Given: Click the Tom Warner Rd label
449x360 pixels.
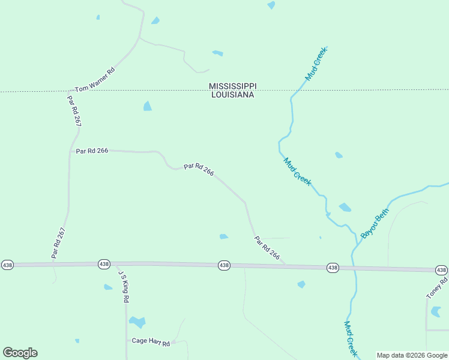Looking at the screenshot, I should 94,79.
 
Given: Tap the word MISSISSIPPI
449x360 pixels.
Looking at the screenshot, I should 232,86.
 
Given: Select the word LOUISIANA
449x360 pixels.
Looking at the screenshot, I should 232,95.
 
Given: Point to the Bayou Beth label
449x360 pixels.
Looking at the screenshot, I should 375,223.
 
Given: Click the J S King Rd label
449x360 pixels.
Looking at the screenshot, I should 124,287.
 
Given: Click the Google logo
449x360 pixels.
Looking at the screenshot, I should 20,353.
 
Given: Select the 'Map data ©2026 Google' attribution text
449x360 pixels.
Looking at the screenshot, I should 412,355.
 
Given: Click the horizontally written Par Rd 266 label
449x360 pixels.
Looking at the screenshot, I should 92,151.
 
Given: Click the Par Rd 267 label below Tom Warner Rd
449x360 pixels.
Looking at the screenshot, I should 74,111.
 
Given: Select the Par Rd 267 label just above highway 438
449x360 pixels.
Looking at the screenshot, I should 58,243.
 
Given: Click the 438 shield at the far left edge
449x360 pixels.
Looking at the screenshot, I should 7,265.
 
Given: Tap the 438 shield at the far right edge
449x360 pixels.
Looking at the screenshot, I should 441,270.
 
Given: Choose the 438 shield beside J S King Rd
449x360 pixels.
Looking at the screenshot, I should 104,264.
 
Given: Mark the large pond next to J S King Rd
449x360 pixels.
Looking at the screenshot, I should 137,322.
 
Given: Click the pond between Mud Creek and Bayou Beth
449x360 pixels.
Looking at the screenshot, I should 345,208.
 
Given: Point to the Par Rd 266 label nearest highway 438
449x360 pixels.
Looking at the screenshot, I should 267,248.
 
